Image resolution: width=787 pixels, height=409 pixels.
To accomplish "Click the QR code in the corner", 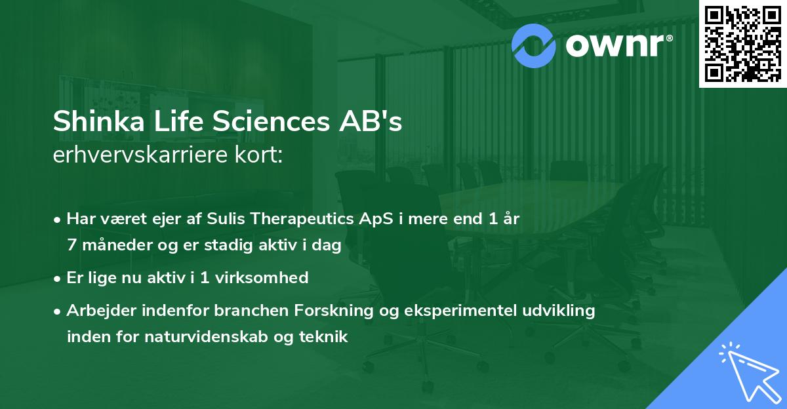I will (x=743, y=44).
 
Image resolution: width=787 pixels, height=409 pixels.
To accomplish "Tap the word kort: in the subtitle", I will (x=262, y=155).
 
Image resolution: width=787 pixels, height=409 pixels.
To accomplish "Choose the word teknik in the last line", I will (x=325, y=337).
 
